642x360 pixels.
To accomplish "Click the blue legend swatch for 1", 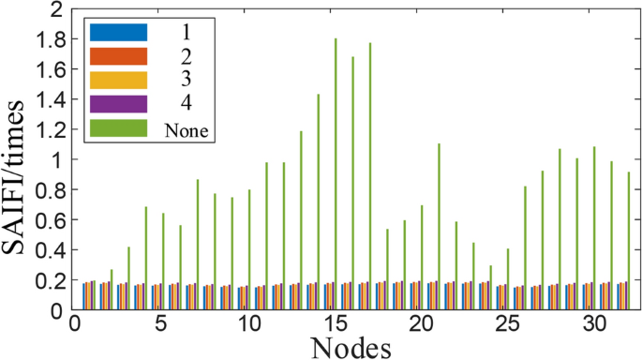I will [118, 32].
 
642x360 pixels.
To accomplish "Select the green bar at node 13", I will [301, 219].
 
